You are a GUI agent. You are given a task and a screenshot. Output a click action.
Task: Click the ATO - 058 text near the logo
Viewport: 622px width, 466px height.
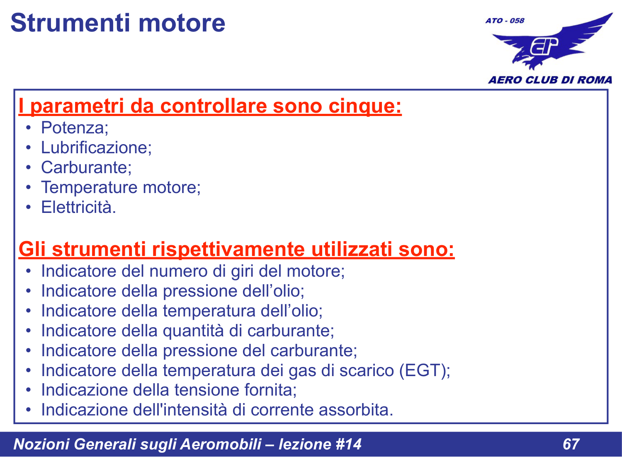point(505,20)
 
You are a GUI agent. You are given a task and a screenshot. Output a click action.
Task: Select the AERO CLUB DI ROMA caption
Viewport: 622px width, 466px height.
point(550,80)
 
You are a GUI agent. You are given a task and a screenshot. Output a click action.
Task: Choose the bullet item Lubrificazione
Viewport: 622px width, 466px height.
point(96,147)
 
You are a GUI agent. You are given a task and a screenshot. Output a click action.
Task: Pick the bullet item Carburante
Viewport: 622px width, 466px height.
point(86,167)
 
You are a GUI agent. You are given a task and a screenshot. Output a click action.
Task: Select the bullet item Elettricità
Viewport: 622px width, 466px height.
point(78,207)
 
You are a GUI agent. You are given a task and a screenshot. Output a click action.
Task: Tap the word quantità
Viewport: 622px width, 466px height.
point(194,331)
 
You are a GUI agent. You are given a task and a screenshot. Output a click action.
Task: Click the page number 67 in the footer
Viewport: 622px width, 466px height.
point(571,444)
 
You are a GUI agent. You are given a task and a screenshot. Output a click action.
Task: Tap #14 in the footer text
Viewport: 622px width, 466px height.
point(348,444)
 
